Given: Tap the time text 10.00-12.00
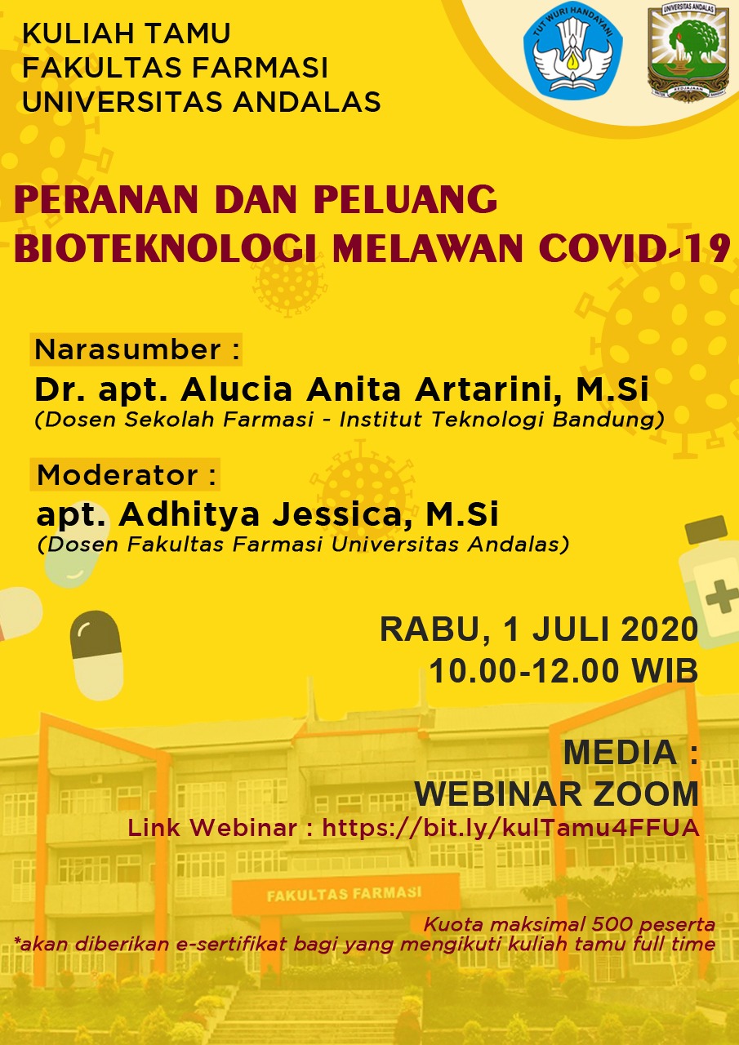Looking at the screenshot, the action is (x=525, y=671).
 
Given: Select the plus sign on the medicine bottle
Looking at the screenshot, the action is (x=722, y=596).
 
